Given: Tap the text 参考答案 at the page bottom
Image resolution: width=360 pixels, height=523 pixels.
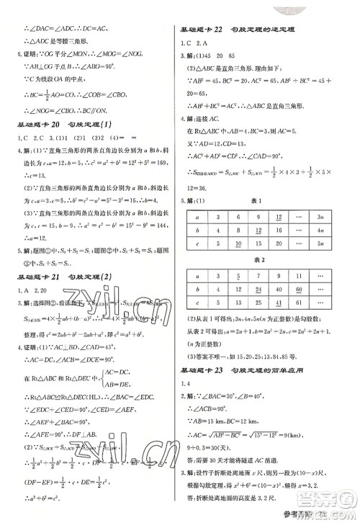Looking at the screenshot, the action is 319,514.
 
